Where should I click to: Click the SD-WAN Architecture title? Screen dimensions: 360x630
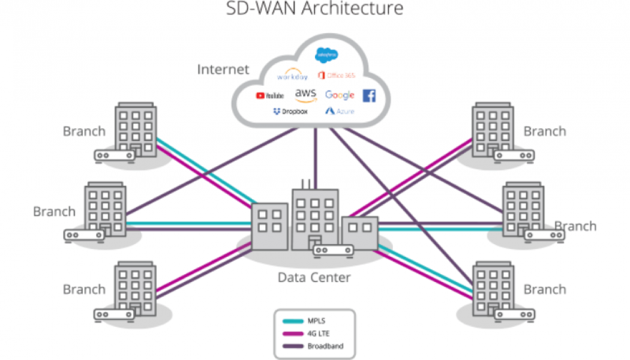click(315, 9)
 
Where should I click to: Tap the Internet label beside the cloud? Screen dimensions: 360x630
click(223, 70)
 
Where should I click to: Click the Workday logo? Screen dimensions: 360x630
click(292, 77)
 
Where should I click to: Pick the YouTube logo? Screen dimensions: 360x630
click(269, 95)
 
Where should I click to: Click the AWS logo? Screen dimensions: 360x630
click(305, 95)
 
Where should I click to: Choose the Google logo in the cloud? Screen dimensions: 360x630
click(340, 95)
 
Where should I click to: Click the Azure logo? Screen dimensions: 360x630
click(340, 112)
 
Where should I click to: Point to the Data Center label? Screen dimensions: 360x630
click(314, 277)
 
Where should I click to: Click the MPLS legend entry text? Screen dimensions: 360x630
click(316, 321)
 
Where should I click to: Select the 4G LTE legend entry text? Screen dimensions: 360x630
click(319, 334)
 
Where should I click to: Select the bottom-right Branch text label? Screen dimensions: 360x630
click(545, 289)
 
